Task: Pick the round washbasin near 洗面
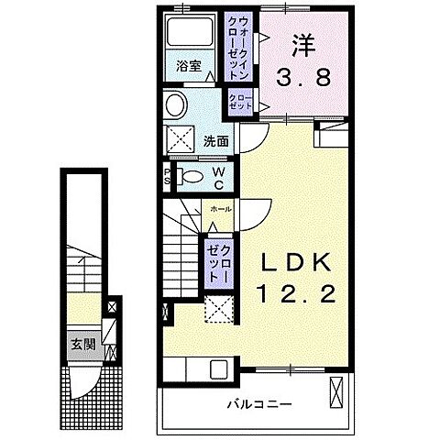pyautogui.click(x=172, y=105)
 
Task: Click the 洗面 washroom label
pyautogui.click(x=216, y=141)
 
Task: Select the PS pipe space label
pyautogui.click(x=167, y=175)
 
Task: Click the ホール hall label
pyautogui.click(x=220, y=209)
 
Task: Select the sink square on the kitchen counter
pyautogui.click(x=219, y=370)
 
